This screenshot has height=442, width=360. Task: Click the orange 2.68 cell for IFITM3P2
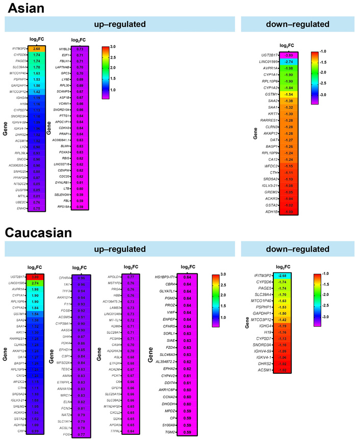37,49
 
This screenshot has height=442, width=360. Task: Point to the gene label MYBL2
62,49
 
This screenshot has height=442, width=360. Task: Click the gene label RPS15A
61,207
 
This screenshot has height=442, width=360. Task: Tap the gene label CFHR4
62,279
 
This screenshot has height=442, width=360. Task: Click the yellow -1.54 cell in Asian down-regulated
289,95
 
